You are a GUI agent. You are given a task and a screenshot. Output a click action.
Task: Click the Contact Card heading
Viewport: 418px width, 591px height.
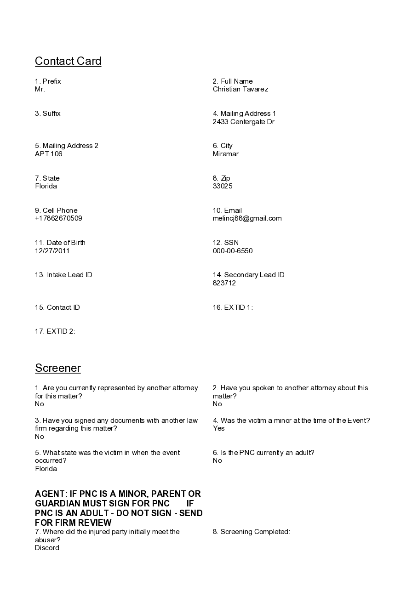coord(68,61)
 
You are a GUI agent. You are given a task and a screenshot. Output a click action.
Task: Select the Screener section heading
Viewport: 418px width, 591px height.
coord(58,368)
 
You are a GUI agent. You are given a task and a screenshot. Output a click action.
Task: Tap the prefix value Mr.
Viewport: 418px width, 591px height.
coord(40,89)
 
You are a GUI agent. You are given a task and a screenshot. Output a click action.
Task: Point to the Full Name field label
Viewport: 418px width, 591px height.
coord(233,81)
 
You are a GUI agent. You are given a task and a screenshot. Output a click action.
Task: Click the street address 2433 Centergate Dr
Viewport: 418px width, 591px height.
coord(243,122)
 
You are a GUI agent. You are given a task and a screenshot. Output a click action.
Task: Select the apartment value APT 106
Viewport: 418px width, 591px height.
coord(49,154)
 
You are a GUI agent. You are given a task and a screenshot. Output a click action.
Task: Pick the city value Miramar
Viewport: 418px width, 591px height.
coord(225,154)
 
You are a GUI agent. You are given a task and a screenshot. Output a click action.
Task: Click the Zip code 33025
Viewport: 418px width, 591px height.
coord(223,186)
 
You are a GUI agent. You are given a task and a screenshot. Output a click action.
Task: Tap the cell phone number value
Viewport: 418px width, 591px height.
coord(58,218)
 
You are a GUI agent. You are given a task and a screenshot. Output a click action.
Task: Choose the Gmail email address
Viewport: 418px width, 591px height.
coord(247,218)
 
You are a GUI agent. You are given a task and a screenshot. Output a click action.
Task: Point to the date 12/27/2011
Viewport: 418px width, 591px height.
coord(52,251)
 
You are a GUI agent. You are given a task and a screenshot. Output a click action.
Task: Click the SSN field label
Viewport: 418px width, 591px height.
coord(226,243)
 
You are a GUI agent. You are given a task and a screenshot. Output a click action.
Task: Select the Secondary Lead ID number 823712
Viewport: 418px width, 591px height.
coord(224,283)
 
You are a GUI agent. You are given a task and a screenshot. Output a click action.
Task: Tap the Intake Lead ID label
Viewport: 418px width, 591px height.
coord(63,275)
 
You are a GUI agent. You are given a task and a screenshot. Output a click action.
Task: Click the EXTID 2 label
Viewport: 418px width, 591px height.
coord(55,331)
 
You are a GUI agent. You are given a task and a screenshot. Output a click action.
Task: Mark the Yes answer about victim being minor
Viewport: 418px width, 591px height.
coord(218,428)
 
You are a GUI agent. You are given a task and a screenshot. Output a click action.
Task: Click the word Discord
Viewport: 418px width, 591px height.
coord(47,548)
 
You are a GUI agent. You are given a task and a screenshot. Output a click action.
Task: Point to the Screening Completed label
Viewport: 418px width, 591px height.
coord(251,532)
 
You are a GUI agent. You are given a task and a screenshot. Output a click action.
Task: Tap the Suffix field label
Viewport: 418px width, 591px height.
coord(48,114)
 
